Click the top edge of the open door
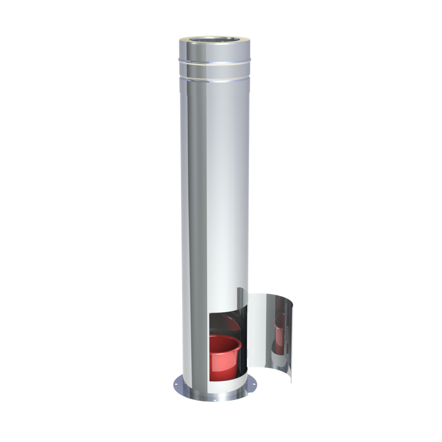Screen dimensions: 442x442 click(x=270, y=295)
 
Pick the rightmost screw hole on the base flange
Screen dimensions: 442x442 click(x=254, y=385)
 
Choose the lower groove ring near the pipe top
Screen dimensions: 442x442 click(x=215, y=80)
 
